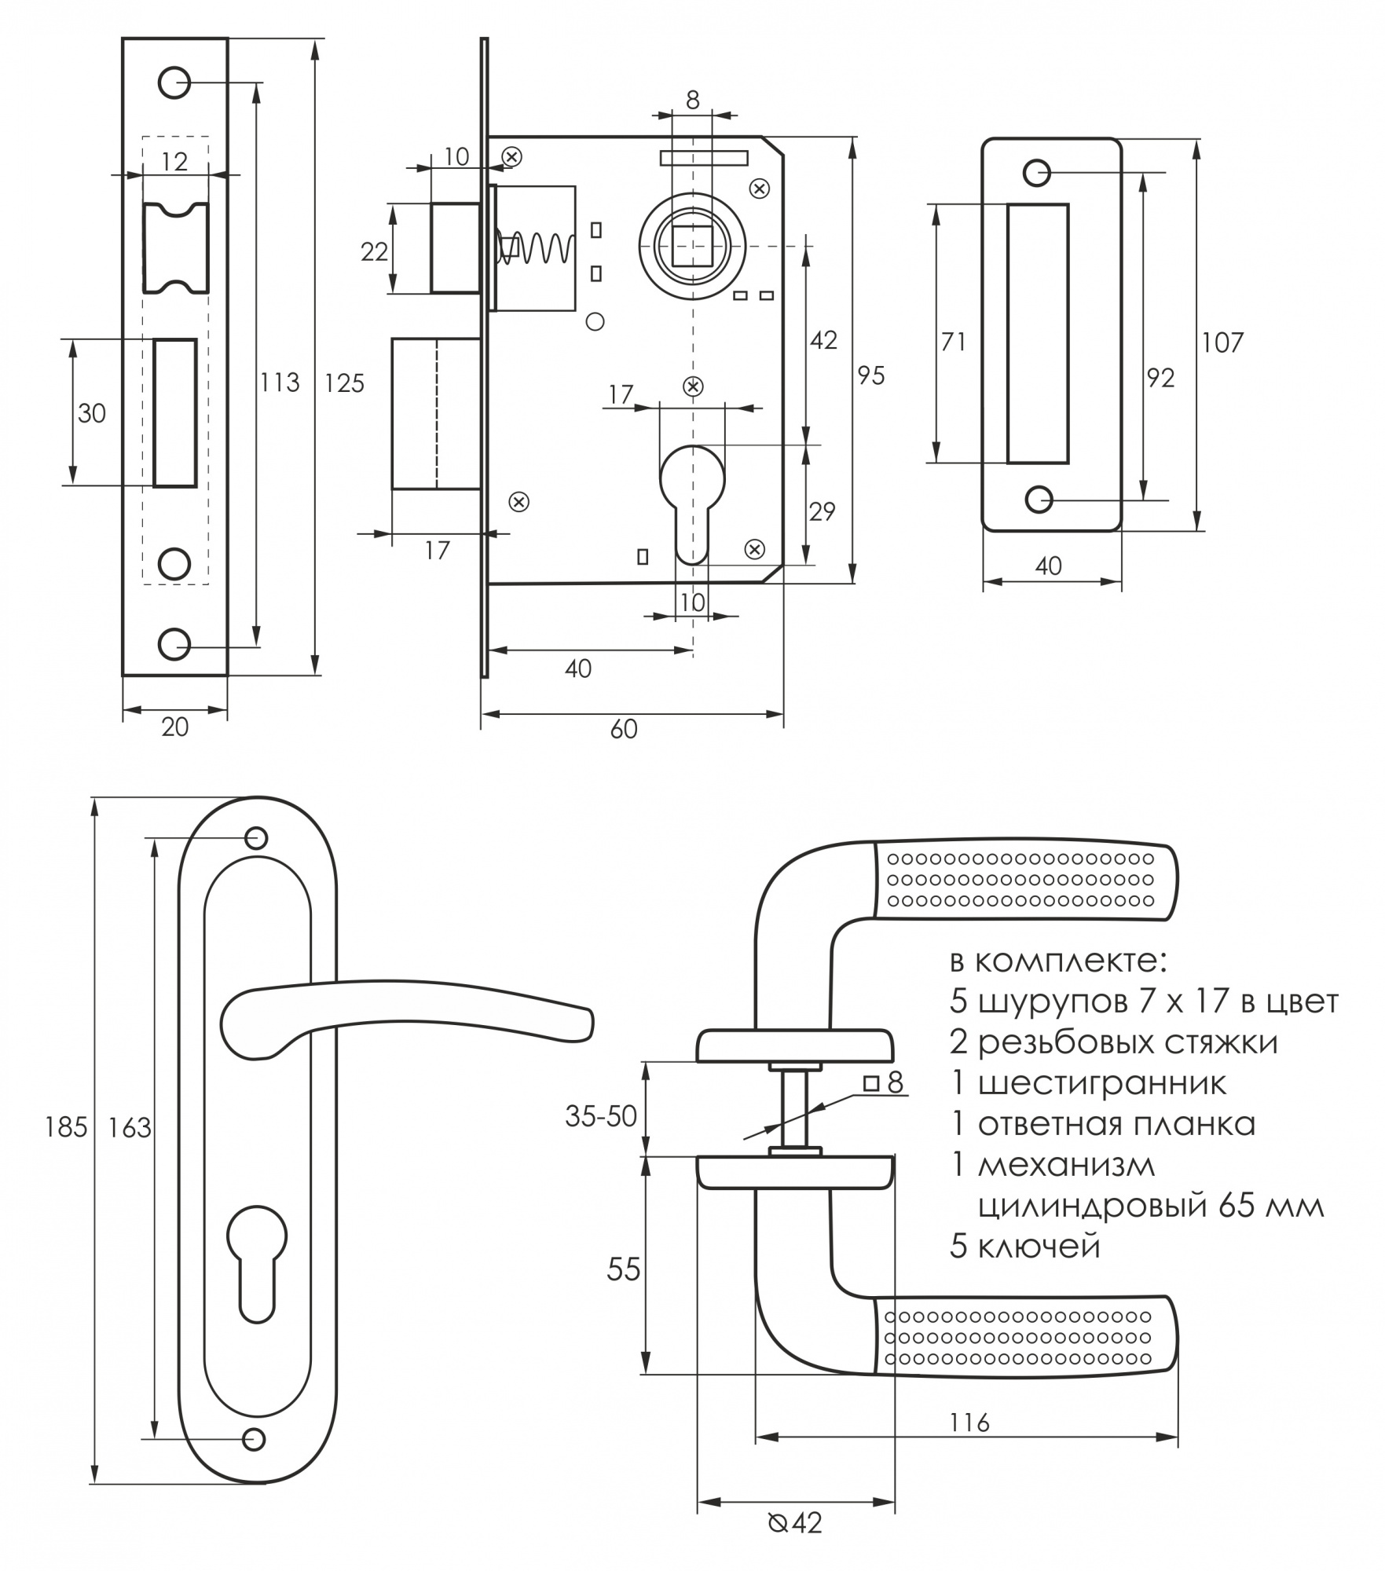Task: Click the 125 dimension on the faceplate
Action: coord(345,383)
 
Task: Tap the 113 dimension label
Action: coord(280,383)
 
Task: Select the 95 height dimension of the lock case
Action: coord(870,375)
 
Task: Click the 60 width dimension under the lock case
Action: coord(624,730)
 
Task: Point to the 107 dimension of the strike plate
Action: coord(1222,342)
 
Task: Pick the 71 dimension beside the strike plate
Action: coord(953,342)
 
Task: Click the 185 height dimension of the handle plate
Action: coord(67,1128)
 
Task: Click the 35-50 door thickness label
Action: coord(601,1116)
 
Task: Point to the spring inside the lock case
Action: coord(538,247)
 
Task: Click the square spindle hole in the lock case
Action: coord(693,245)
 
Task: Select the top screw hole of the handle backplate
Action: coord(257,838)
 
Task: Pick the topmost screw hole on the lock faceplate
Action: coord(174,82)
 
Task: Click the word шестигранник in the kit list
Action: coord(1101,1083)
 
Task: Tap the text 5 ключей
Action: coord(1025,1247)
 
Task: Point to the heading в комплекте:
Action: coord(1059,961)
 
